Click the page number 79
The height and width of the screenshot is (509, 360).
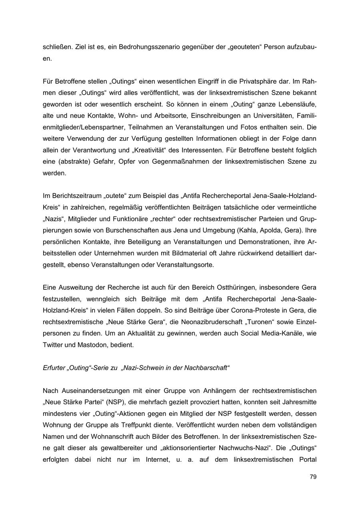[313, 477]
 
